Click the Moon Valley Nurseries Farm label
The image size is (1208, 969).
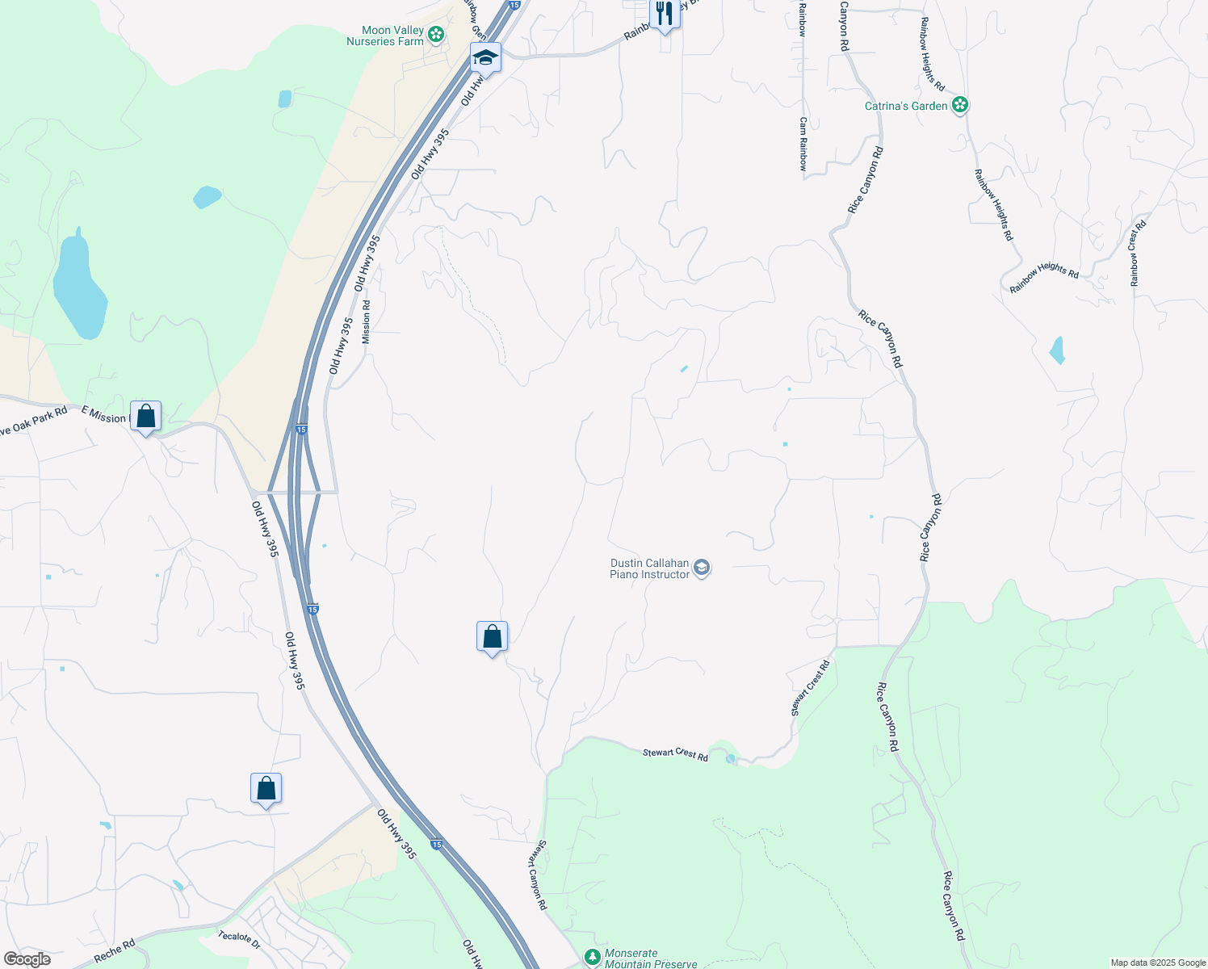coord(385,36)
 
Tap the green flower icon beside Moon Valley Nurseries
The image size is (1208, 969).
coord(436,34)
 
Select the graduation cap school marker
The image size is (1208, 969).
coord(485,57)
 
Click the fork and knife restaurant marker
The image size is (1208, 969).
coord(664,14)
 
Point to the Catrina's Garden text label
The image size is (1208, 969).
coord(906,106)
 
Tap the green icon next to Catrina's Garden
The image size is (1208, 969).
coord(960,105)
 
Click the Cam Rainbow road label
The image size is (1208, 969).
coord(803,144)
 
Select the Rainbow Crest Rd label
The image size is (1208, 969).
coord(1137,253)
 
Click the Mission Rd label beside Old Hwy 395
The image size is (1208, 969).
coord(367,322)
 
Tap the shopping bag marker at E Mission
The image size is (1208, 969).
coord(145,417)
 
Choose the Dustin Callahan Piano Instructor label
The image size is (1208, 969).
coord(649,568)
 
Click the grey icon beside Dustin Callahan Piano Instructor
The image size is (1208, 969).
coord(702,568)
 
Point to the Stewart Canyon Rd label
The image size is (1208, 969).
coord(539,875)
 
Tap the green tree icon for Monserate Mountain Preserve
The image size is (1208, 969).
coord(593,957)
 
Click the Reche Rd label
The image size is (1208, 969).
coord(114,950)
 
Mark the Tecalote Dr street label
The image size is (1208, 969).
coord(240,940)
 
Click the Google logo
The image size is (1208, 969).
coord(27,959)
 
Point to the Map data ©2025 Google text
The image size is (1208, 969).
coord(1158,963)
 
